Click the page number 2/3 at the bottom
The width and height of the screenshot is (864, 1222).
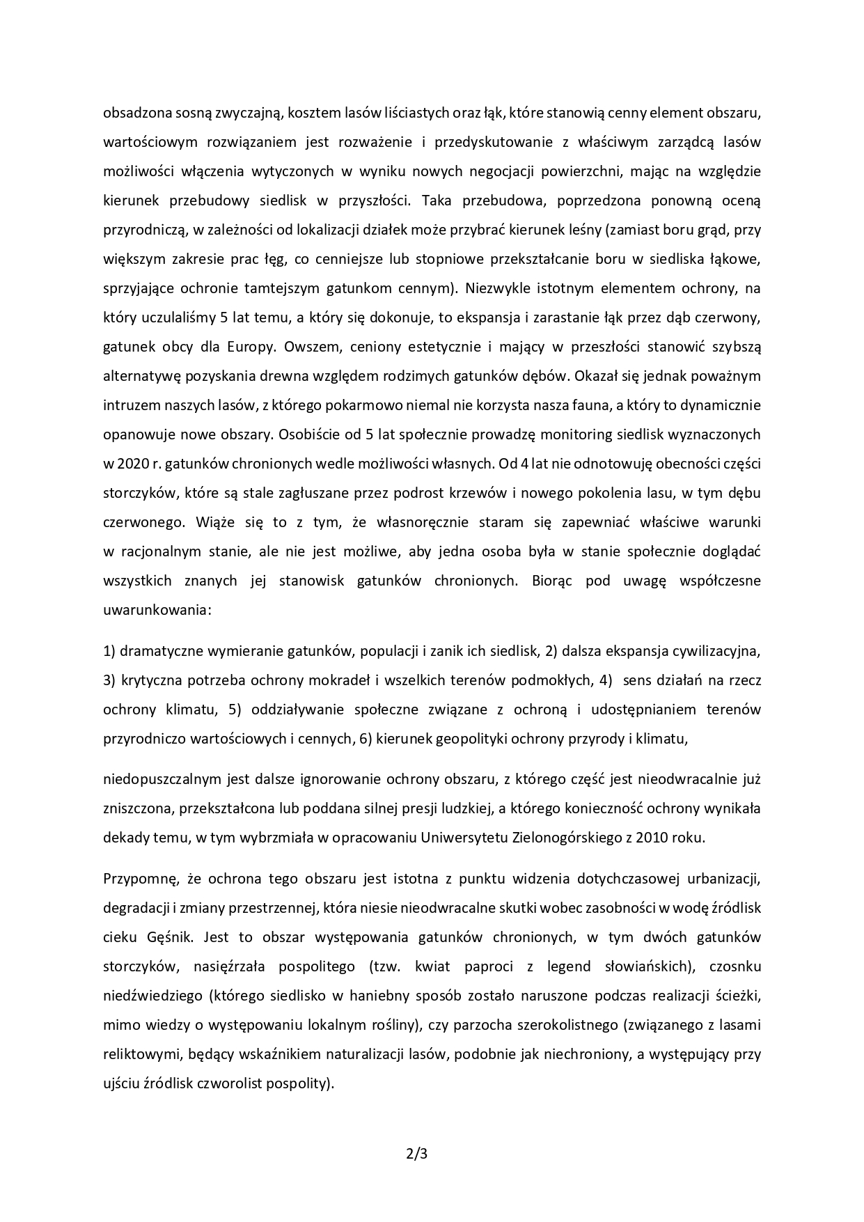click(x=416, y=1153)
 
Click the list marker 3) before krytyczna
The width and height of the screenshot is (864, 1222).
click(x=109, y=680)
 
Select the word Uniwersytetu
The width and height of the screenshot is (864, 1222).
click(x=464, y=838)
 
